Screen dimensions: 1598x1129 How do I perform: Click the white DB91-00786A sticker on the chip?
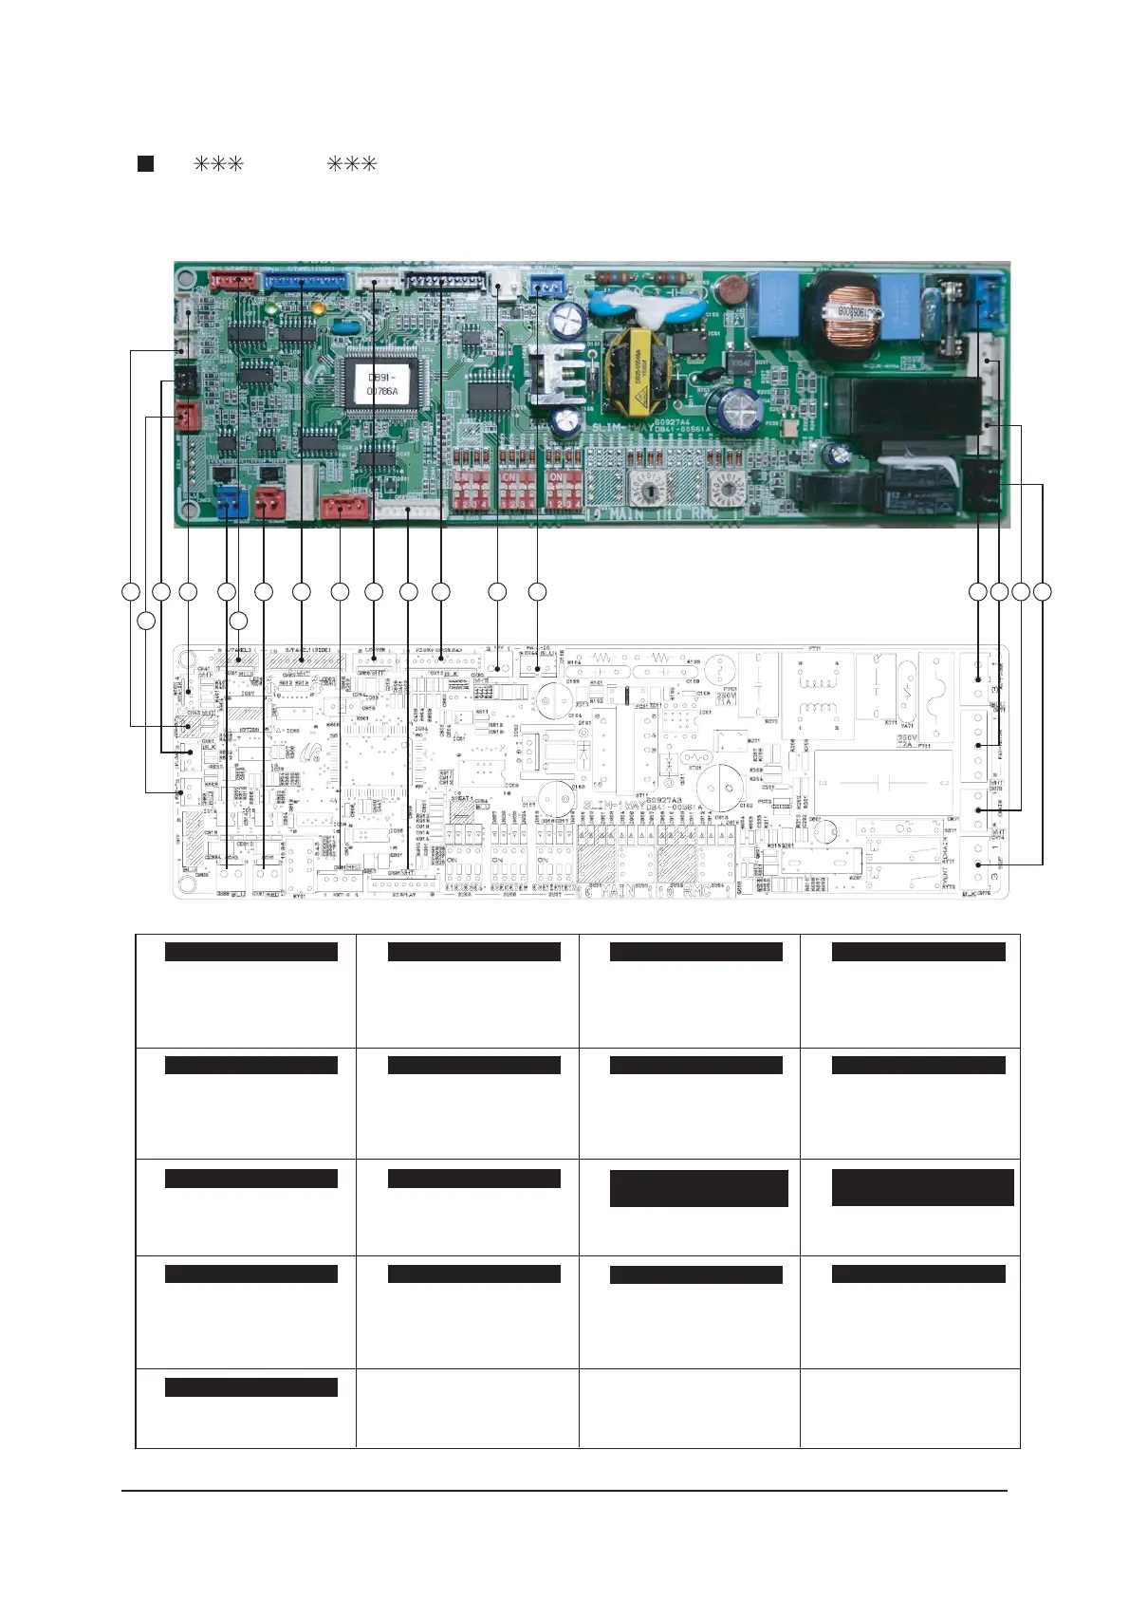382,384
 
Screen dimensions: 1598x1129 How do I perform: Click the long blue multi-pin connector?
305,280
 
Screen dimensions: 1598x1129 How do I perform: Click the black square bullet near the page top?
145,163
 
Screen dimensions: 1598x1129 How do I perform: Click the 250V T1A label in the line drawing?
726,698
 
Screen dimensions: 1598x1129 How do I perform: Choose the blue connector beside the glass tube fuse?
989,289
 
